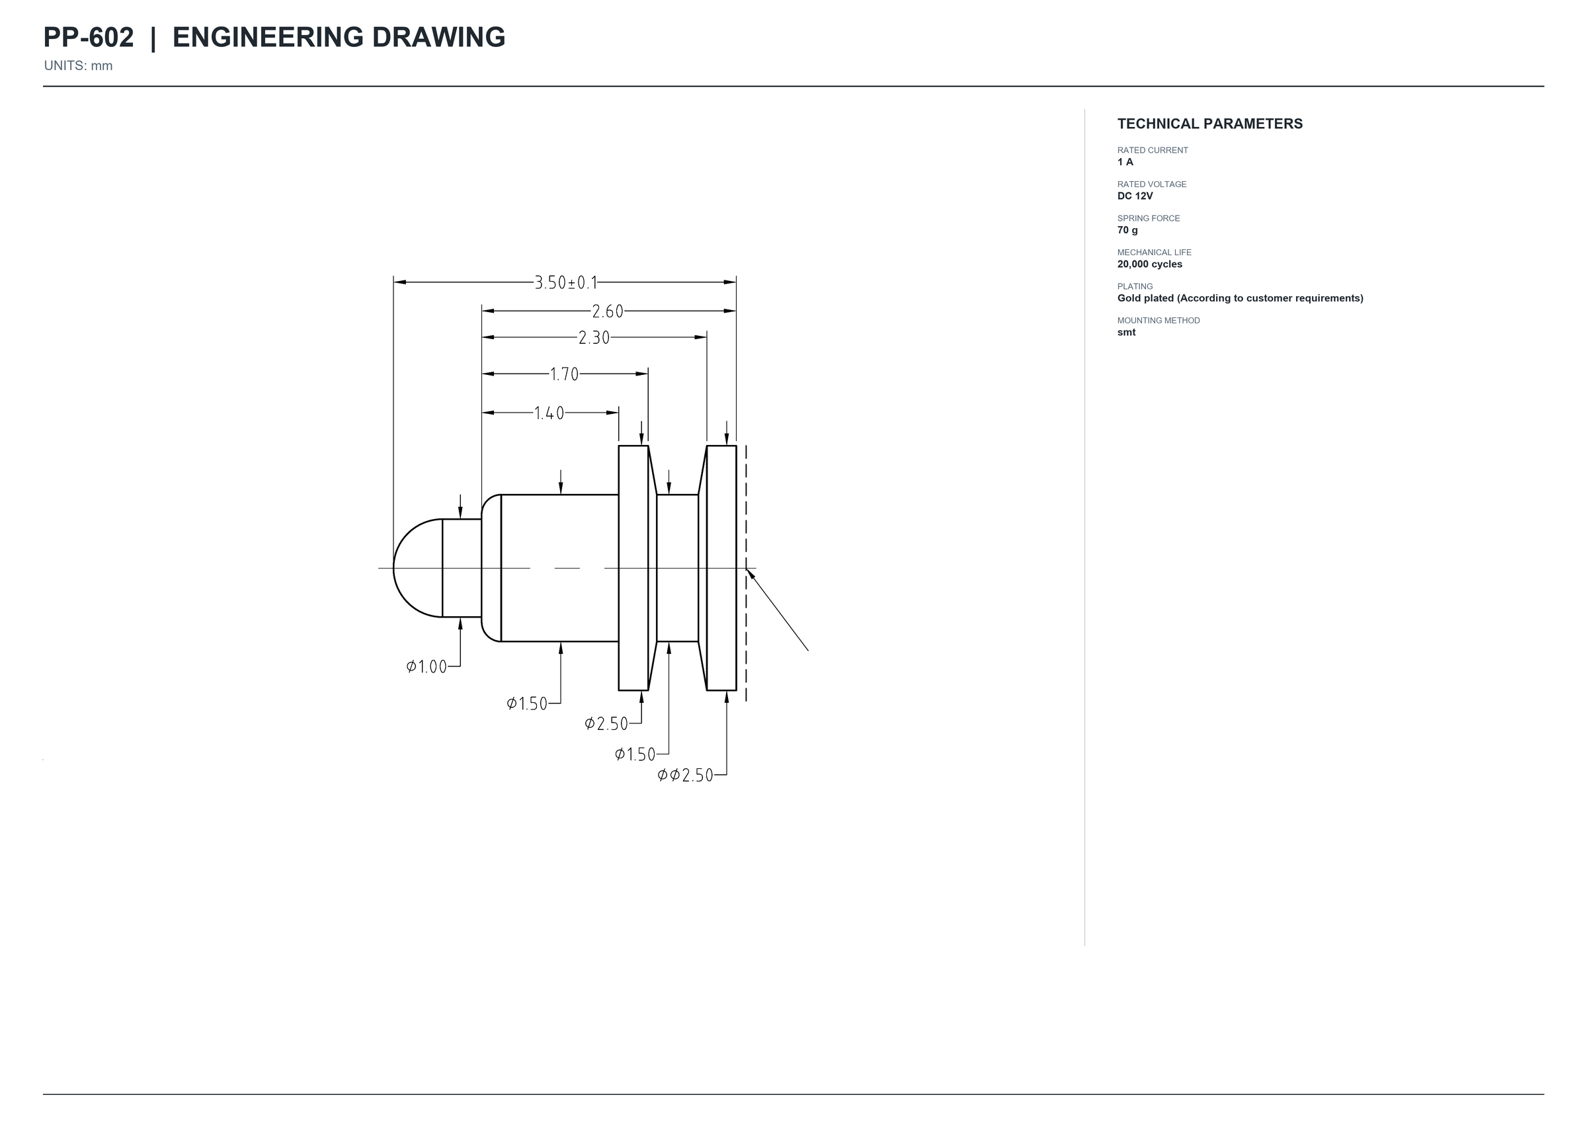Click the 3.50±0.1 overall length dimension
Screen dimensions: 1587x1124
click(x=565, y=282)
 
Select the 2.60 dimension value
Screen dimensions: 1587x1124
click(x=608, y=311)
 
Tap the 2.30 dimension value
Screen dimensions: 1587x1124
click(x=594, y=338)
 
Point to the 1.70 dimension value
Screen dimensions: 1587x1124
click(x=564, y=374)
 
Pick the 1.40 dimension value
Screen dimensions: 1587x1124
click(x=549, y=413)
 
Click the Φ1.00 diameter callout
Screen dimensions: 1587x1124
click(x=427, y=666)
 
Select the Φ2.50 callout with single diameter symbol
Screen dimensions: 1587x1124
click(x=606, y=724)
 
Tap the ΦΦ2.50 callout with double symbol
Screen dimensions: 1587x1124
click(x=685, y=775)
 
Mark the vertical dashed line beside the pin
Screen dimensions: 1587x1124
click(x=746, y=573)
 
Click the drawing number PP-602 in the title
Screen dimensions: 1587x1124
click(x=89, y=38)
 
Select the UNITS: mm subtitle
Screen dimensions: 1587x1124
click(x=78, y=65)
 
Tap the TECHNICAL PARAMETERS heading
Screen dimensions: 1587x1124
click(x=1210, y=124)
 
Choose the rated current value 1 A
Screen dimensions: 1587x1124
click(x=1125, y=162)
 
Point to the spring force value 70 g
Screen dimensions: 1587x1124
click(x=1127, y=230)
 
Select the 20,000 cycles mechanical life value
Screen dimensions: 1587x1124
click(x=1150, y=264)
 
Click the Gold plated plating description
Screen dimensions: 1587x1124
click(x=1241, y=298)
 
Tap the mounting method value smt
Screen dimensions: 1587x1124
click(x=1126, y=332)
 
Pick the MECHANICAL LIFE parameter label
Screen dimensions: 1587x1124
click(x=1155, y=253)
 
